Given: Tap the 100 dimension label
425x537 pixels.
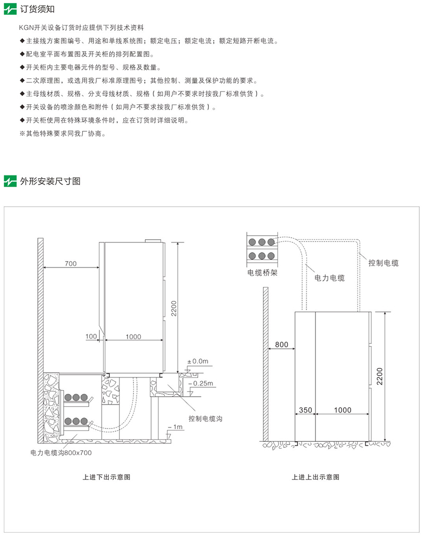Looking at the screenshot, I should [x=91, y=337].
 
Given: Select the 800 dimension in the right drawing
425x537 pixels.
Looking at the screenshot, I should [x=282, y=345].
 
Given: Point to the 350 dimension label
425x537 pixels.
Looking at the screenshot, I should [x=305, y=410].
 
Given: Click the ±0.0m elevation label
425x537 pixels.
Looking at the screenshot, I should [x=198, y=361].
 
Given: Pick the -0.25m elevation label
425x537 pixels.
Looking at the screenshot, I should [x=202, y=383].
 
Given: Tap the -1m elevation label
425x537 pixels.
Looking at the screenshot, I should [x=177, y=427].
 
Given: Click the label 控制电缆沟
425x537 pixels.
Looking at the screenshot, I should [x=205, y=419].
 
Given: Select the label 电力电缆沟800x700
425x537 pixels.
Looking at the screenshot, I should [x=61, y=453].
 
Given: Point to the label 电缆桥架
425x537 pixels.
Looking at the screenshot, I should [x=262, y=273].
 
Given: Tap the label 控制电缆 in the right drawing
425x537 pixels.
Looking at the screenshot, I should [x=383, y=263].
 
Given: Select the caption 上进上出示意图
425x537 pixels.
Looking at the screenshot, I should [x=316, y=477].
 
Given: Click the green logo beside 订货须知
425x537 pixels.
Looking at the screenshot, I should [x=11, y=10].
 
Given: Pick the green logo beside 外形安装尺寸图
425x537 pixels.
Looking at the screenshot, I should [x=11, y=181].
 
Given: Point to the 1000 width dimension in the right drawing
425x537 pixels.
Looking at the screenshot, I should [x=343, y=410].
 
